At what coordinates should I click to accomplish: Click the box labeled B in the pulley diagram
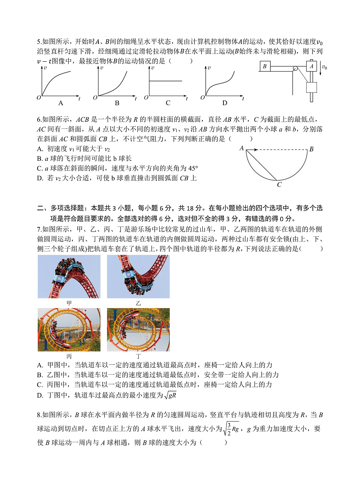point(265,66)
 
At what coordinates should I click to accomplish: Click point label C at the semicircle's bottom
point(279,185)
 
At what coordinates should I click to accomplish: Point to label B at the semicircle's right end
point(312,149)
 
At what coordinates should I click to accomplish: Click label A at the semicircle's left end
point(241,148)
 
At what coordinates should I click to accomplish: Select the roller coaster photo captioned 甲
point(69,276)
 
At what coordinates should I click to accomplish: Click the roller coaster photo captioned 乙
point(138,276)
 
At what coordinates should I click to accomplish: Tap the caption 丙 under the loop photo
point(69,356)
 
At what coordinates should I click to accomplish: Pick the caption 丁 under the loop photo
point(138,356)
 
